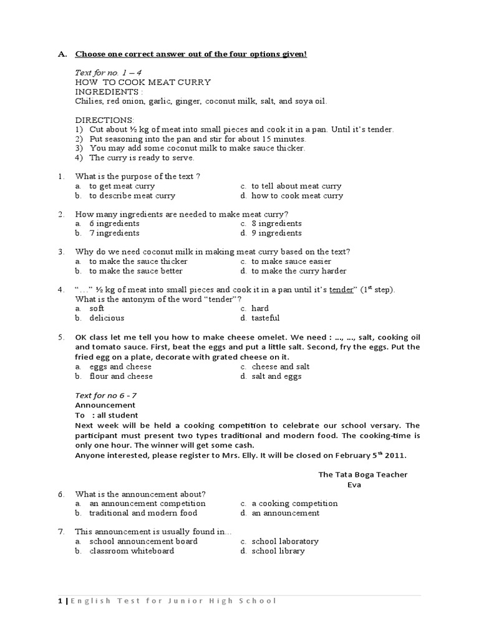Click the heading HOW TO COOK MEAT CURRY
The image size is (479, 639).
tap(143, 82)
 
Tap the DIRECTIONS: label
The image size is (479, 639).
tap(104, 119)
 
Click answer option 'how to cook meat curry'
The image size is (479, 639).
tap(297, 195)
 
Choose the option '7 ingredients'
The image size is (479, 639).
tap(114, 233)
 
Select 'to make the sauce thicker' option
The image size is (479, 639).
tap(138, 261)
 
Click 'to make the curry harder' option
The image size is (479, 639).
tap(299, 271)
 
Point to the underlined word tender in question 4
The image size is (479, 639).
tap(341, 290)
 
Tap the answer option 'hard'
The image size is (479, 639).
tap(260, 308)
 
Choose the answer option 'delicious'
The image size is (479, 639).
tap(107, 318)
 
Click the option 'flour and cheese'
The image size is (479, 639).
tap(120, 376)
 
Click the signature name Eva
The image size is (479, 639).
tap(354, 484)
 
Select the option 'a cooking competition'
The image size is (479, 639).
tap(294, 503)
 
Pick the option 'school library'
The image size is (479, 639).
tap(278, 551)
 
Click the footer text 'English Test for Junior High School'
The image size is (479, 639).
tap(173, 601)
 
